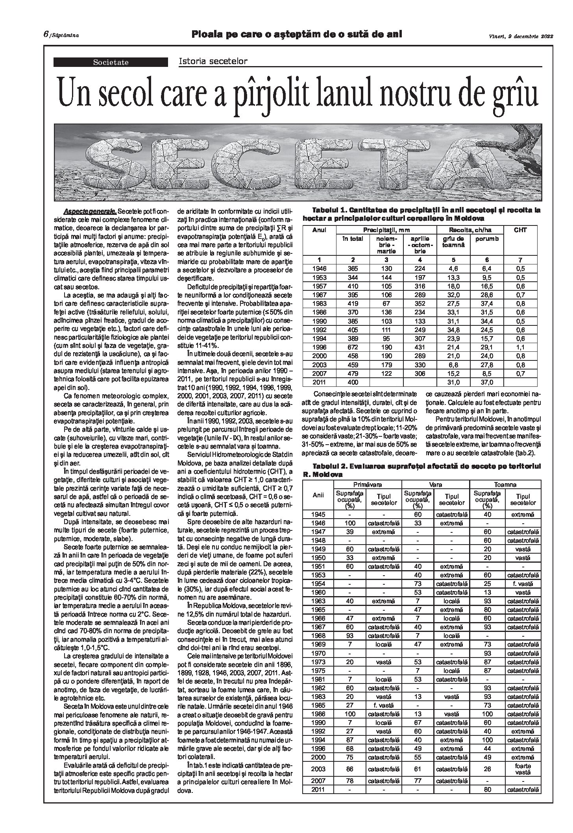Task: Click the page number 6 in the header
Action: click(x=46, y=34)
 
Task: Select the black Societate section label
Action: click(x=111, y=62)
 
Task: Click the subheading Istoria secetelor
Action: click(x=213, y=61)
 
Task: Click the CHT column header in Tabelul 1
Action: click(x=521, y=230)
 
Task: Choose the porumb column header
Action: click(x=489, y=238)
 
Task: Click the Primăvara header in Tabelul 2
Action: click(x=367, y=485)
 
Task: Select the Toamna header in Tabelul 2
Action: click(x=505, y=485)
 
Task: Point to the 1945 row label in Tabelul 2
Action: click(x=318, y=514)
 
